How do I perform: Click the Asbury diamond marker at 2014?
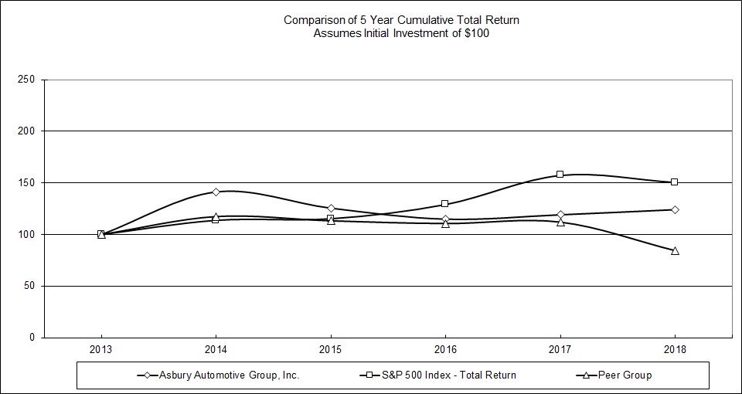click(216, 192)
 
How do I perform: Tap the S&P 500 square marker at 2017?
click(560, 175)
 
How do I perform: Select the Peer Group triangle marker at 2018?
click(675, 250)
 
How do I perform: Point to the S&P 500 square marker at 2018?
click(675, 182)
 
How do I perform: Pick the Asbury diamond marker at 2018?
click(675, 209)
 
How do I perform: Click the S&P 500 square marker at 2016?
click(445, 204)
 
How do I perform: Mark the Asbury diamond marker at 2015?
click(331, 209)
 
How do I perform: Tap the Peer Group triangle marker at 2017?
click(560, 222)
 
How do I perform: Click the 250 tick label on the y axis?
click(27, 80)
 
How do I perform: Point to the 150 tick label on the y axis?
click(27, 183)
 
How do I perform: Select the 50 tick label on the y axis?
click(29, 286)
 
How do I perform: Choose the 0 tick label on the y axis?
click(32, 338)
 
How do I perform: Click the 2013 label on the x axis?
click(100, 350)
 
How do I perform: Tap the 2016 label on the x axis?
click(445, 350)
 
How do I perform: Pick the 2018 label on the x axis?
click(675, 350)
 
